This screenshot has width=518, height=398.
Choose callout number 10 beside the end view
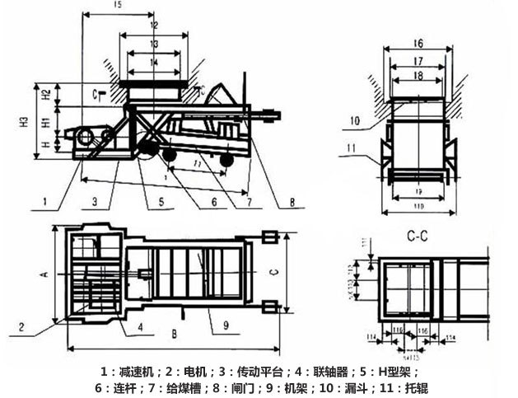[355, 121]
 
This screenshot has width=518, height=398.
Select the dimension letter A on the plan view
[45, 273]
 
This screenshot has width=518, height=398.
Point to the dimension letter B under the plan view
[175, 335]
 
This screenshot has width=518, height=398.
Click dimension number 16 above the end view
[418, 43]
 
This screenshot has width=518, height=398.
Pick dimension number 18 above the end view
[418, 75]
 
